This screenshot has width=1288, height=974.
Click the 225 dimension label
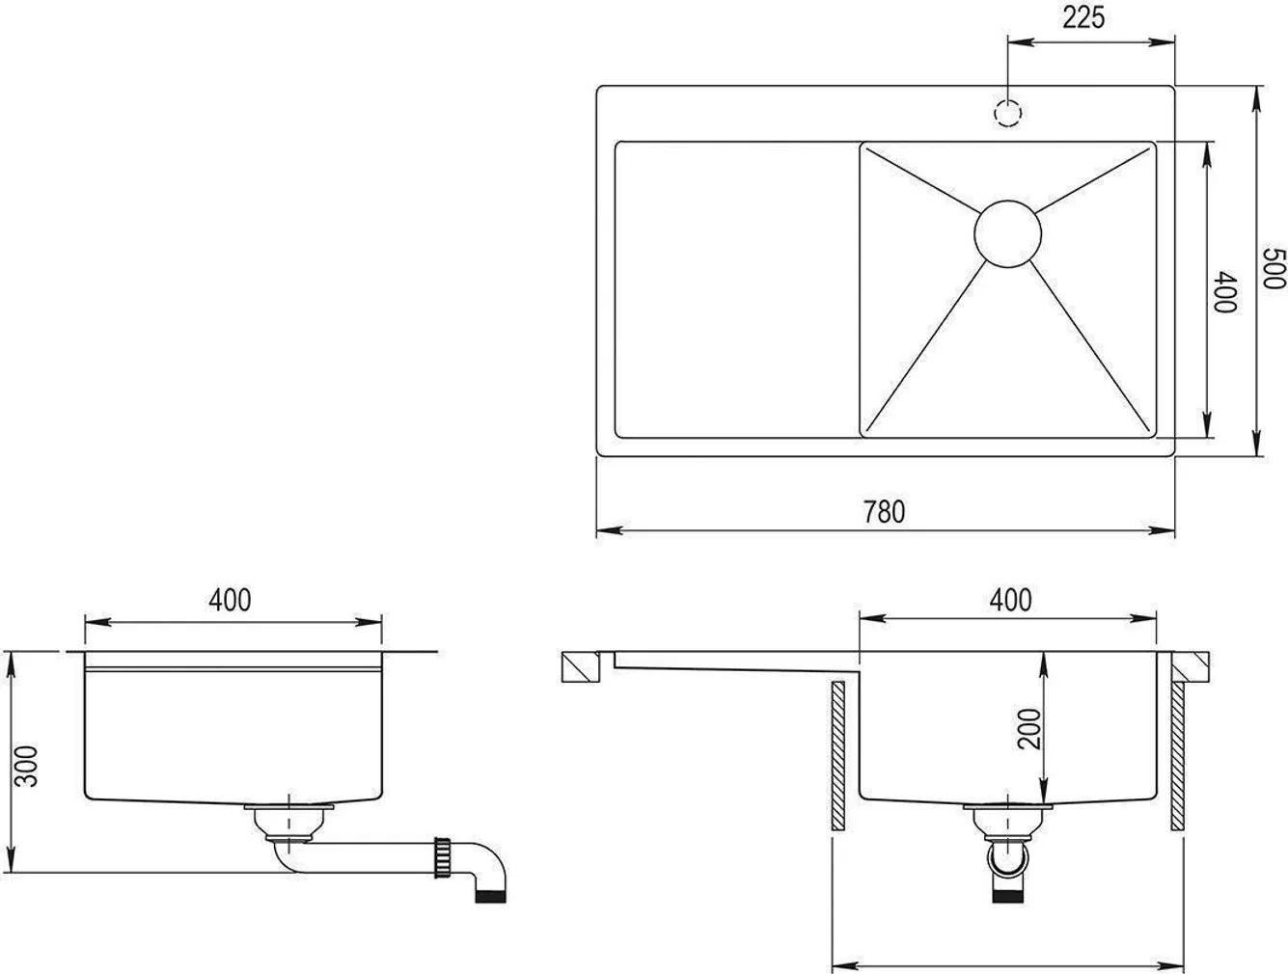tap(1084, 18)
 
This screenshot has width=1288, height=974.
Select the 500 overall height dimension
tap(1274, 269)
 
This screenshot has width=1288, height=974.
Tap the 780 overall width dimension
tap(884, 511)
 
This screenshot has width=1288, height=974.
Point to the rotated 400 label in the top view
tap(1225, 292)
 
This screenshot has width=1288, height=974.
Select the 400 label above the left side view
tap(230, 600)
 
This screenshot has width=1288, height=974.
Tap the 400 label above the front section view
tap(1010, 600)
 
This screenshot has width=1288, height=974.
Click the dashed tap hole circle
tap(1007, 114)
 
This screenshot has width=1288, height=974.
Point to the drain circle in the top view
tap(1008, 232)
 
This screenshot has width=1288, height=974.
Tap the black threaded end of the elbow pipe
tap(492, 897)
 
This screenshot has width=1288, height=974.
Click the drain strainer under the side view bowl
tap(288, 820)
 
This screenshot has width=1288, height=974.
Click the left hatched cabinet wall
tap(836, 756)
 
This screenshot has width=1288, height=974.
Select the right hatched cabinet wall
tap(1178, 756)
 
